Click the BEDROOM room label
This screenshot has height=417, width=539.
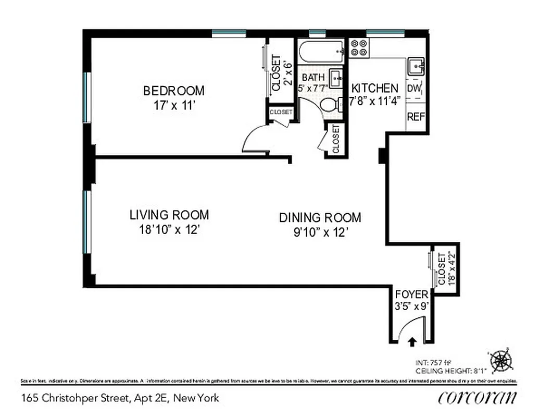click(173, 91)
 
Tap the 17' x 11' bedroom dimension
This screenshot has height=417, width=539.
click(173, 105)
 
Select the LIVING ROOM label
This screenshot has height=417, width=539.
click(169, 215)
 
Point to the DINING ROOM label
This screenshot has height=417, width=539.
click(320, 217)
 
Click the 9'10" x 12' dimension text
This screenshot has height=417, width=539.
click(320, 232)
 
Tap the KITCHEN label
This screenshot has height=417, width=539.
click(375, 88)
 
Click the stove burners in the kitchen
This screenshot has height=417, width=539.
click(359, 48)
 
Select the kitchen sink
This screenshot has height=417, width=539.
click(417, 67)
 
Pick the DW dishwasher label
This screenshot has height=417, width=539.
click(415, 88)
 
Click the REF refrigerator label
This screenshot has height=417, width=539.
click(416, 116)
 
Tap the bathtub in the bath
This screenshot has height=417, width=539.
click(321, 53)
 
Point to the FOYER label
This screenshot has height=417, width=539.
click(411, 295)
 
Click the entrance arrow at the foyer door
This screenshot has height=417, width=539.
click(412, 342)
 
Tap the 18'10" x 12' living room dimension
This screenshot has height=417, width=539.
click(169, 229)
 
